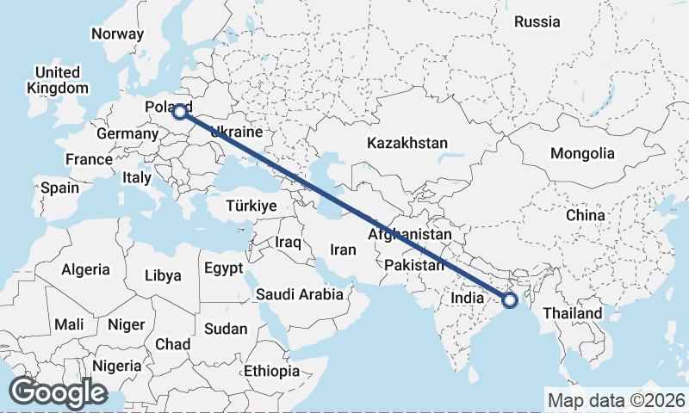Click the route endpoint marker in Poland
pos(180,111)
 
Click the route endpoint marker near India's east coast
pos(509,299)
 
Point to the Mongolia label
pos(583,154)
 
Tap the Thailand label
pos(573,313)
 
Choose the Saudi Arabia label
pos(300,294)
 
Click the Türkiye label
pos(250,206)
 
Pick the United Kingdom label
pos(58,80)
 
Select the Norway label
pos(117,34)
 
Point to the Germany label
pos(125,135)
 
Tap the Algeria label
pos(85,269)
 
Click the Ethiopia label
pos(270,372)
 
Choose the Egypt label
pos(224,268)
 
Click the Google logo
pos(58,392)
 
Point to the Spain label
pos(59,188)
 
